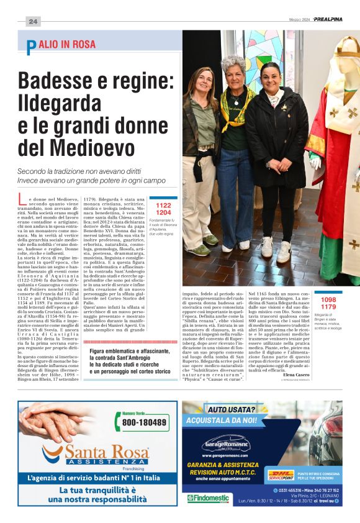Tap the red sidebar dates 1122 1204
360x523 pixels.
click(x=163, y=209)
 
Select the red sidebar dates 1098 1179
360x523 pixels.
click(x=328, y=303)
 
